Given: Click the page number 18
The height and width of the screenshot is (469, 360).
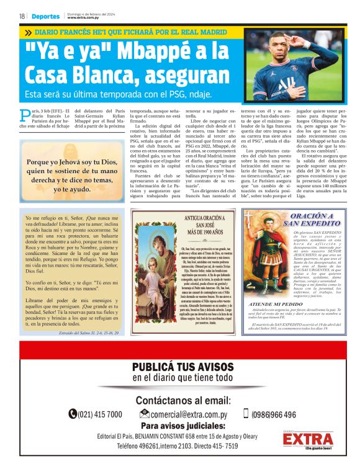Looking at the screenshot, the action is click(x=22, y=16).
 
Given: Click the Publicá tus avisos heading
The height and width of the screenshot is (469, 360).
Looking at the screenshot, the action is click(x=182, y=367).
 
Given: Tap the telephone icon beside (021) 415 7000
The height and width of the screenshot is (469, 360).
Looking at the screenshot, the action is click(x=73, y=414).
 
